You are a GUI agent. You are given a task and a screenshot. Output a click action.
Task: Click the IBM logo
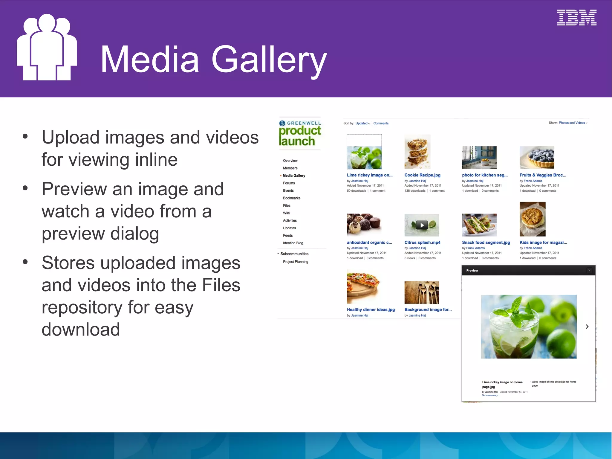[576, 18]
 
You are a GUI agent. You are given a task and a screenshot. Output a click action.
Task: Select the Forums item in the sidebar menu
[289, 183]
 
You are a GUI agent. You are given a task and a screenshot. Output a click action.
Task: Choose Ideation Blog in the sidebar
[293, 243]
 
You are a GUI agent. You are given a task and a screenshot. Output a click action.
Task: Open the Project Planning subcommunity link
[295, 262]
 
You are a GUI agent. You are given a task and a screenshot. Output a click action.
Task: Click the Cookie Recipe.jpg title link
[422, 175]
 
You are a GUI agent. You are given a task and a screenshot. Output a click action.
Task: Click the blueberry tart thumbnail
[537, 158]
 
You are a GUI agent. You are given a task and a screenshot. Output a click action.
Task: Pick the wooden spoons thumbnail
[422, 292]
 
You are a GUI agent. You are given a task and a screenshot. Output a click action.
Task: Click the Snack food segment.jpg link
[486, 243]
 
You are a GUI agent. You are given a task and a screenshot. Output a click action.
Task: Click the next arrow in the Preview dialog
[587, 327]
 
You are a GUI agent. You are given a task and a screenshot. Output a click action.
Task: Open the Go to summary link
[489, 395]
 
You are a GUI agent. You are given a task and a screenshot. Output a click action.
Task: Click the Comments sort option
[381, 123]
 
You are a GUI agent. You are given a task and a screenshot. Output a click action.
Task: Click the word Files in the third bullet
[221, 285]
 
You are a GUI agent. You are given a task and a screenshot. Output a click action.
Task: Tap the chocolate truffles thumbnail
[364, 225]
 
